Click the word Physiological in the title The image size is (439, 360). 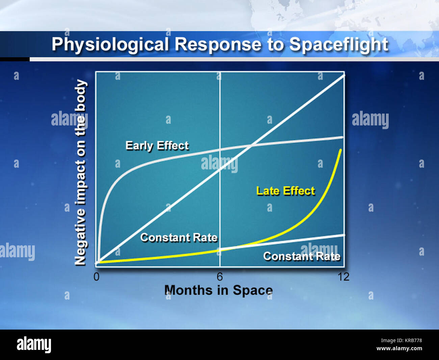pos(110,45)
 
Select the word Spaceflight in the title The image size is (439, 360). pos(339,45)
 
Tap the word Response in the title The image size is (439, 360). pos(218,45)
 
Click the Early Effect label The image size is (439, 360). pos(157,146)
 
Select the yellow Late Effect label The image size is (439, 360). pos(285,191)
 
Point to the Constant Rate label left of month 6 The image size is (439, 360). pos(179,238)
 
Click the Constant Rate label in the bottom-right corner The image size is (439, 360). pos(302,257)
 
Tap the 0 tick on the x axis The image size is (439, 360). pos(97,277)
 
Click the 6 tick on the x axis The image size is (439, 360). pos(220,277)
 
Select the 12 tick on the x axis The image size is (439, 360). pos(343,277)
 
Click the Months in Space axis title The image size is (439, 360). pos(218,290)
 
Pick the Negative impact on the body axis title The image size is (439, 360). pos(80,172)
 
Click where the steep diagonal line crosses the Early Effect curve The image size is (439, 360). pos(252,145)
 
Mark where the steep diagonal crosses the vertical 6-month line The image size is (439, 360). pos(220,169)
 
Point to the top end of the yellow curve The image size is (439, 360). pos(340,149)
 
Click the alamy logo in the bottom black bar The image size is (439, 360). pos(34,345)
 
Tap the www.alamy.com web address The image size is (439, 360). pos(399,349)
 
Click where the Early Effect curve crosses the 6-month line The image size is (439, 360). pos(220,149)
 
